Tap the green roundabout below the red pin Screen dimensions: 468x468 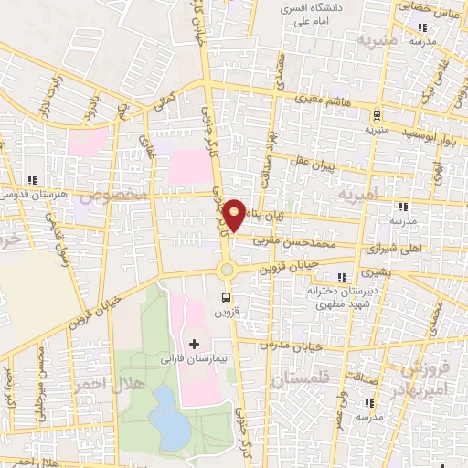click(226, 269)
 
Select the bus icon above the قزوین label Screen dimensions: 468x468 click(226, 297)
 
